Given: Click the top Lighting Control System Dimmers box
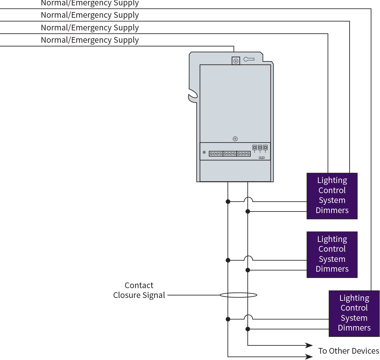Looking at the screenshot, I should (332, 196).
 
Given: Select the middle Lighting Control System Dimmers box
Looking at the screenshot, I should (332, 255).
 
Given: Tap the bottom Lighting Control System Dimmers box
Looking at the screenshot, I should (354, 313).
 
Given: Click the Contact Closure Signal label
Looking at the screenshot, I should (139, 290).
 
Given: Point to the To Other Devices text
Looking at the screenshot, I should (348, 351).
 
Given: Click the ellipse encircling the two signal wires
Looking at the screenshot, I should (238, 295).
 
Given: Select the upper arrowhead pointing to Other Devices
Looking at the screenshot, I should (309, 345).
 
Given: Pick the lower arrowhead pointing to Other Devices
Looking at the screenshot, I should (309, 357).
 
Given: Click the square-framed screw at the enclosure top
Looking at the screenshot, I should (236, 61).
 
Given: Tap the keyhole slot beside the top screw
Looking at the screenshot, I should (249, 59).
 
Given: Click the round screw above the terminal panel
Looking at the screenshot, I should (235, 139).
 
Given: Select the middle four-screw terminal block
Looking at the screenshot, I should (230, 154).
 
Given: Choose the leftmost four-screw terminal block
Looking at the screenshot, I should (216, 154).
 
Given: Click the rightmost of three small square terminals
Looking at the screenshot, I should (265, 148).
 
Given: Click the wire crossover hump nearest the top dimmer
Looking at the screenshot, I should (248, 199).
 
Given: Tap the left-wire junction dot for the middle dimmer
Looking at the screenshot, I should (228, 260).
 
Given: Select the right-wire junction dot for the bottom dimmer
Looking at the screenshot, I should (248, 329).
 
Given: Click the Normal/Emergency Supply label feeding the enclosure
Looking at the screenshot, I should (90, 40).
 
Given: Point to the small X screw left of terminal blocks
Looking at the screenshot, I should (204, 152).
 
